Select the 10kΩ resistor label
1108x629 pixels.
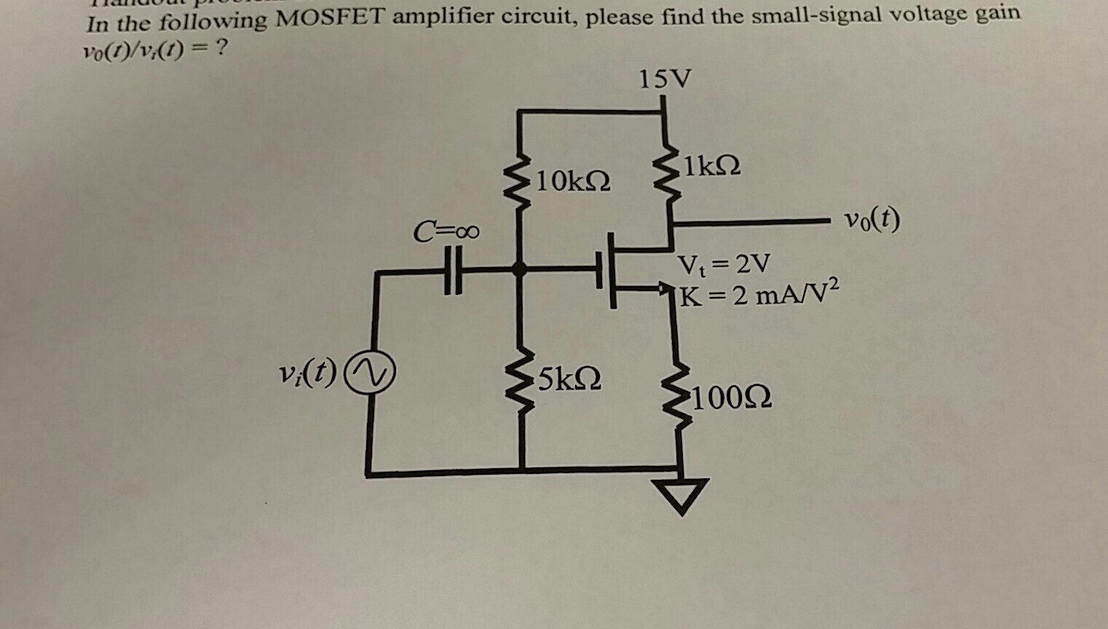pos(572,181)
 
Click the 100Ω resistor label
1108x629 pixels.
pos(732,398)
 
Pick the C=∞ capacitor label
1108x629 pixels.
pos(446,232)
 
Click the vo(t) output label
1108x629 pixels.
pos(871,219)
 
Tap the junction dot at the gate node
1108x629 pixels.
pos(519,269)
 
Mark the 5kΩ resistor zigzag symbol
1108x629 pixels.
pos(521,387)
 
